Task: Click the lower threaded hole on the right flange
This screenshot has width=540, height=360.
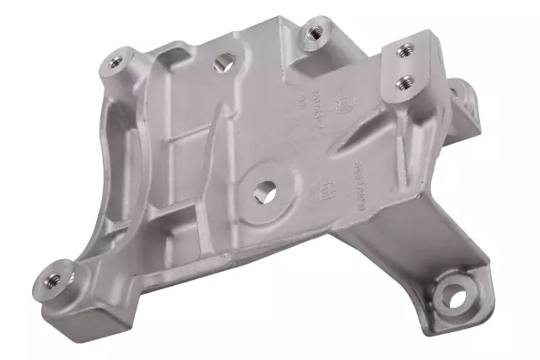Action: coord(406,82)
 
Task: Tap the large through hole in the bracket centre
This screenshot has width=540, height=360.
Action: coord(267,191)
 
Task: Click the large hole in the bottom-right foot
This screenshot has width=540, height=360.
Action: coord(453,295)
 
